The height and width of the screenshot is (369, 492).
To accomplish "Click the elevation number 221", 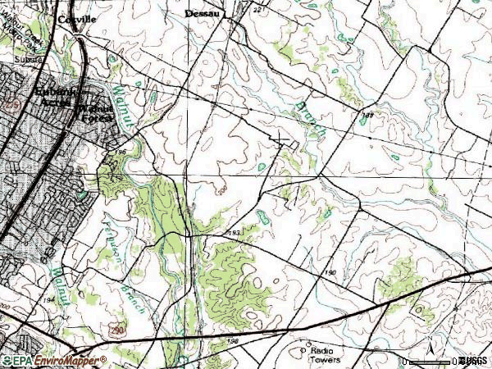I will pos(256,10).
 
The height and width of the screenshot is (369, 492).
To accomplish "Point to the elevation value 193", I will pos(235,233).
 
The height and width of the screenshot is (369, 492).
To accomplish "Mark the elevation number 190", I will pos(330,271).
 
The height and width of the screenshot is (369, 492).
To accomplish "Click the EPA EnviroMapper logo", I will pos(54,360).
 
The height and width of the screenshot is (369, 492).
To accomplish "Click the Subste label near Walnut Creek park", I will pos(26,61).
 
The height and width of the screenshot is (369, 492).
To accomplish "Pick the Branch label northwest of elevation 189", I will pos(314,119).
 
